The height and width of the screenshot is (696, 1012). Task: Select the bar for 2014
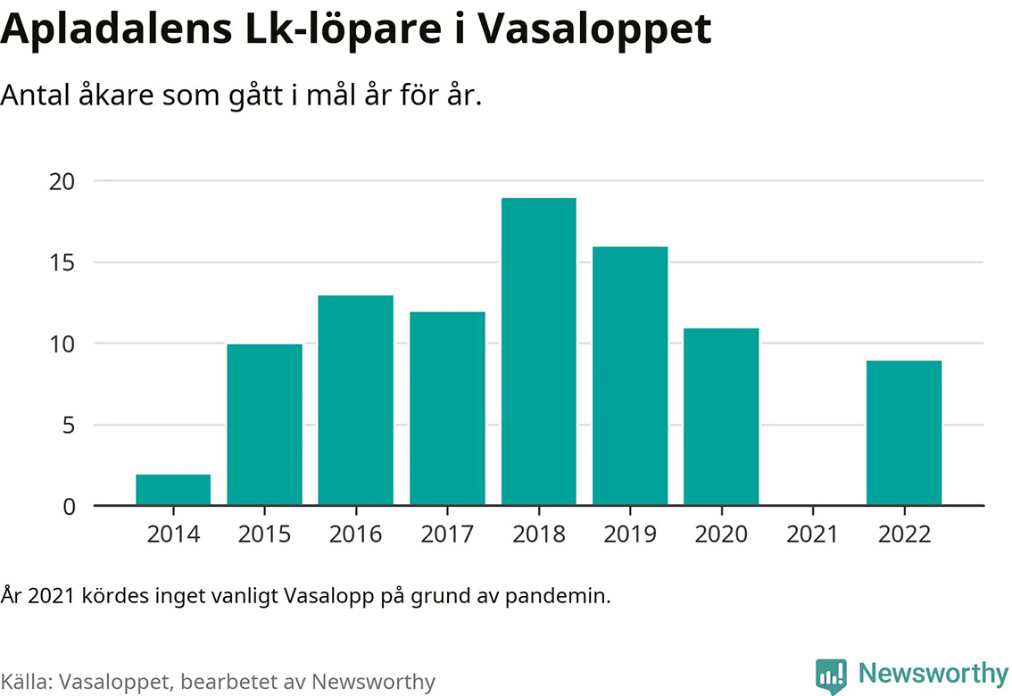pyautogui.click(x=173, y=490)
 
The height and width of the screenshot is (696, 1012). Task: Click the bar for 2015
pyautogui.click(x=264, y=425)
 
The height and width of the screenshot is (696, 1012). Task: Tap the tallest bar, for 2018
pyautogui.click(x=538, y=352)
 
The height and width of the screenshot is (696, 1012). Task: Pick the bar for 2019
pyautogui.click(x=630, y=376)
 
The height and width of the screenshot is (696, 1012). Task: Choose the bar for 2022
pyautogui.click(x=904, y=433)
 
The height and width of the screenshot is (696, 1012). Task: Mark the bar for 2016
pyautogui.click(x=355, y=401)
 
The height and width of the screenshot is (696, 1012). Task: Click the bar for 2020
pyautogui.click(x=721, y=417)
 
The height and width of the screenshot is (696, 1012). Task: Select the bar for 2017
pyautogui.click(x=447, y=409)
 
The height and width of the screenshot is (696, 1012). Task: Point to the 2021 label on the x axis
pyautogui.click(x=812, y=534)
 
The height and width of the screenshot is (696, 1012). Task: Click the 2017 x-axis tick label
pyautogui.click(x=447, y=534)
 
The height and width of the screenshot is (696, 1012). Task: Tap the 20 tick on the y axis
pyautogui.click(x=61, y=181)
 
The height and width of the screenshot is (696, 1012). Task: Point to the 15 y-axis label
pyautogui.click(x=61, y=262)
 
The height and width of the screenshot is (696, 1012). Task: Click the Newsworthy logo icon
pyautogui.click(x=831, y=675)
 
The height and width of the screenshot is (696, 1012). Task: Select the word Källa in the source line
pyautogui.click(x=26, y=682)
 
